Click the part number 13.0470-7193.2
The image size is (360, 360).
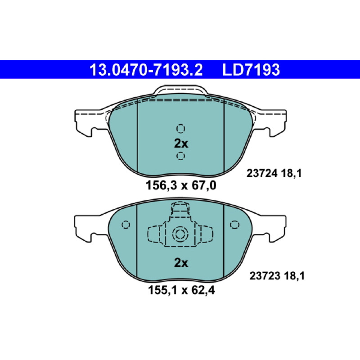point(146,70)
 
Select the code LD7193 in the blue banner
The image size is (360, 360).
point(251,70)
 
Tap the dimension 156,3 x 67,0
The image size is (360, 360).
point(181,185)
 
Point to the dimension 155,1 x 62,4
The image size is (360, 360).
point(181,290)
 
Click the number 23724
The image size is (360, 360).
point(262,173)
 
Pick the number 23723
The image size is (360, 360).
point(265,275)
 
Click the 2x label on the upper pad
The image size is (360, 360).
point(181,144)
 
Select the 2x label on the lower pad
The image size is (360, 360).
point(181,263)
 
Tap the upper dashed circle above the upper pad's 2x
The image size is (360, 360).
point(181,129)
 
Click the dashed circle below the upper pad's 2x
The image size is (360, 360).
point(181,156)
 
